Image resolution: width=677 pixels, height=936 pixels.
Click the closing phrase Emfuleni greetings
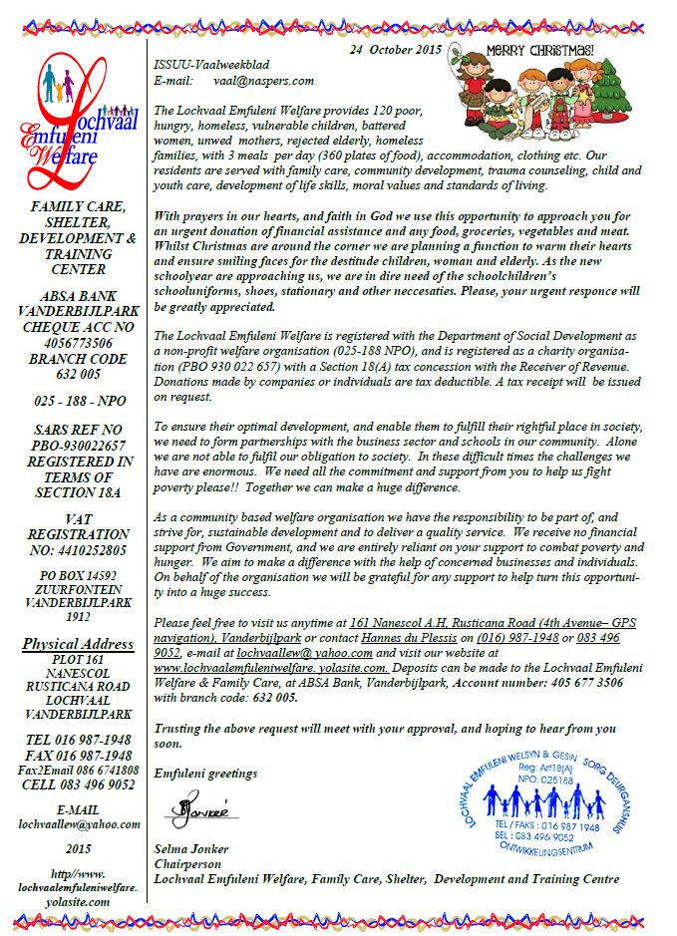click(x=205, y=773)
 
